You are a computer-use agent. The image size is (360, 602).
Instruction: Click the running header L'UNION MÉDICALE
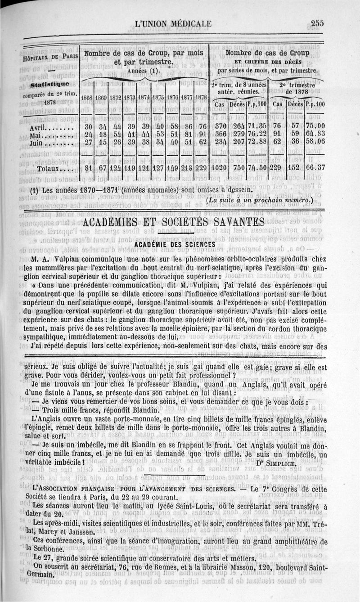(176, 24)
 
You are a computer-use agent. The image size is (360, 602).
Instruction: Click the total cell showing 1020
(220, 168)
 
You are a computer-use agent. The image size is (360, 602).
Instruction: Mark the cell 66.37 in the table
(315, 168)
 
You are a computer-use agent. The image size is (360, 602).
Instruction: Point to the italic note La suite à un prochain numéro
(263, 199)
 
